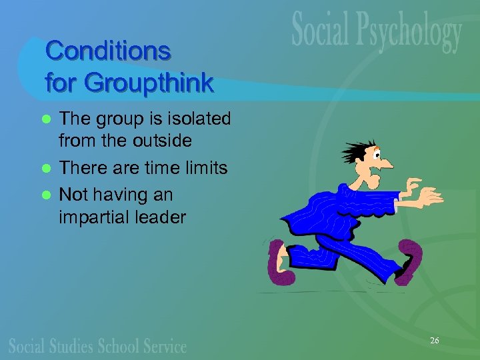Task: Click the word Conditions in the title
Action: click(107, 51)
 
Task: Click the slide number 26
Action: click(434, 341)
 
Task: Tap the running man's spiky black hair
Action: click(350, 150)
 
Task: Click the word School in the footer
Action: click(127, 346)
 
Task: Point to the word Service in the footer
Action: click(167, 346)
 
